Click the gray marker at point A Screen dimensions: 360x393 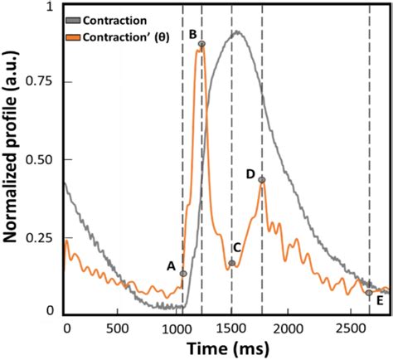tap(183, 273)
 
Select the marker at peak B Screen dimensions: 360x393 tap(201, 44)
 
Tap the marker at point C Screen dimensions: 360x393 tap(232, 263)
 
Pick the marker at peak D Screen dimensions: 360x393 tap(262, 180)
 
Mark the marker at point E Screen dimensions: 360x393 tap(369, 292)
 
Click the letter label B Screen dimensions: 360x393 tap(192, 35)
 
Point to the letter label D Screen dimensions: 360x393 tap(250, 174)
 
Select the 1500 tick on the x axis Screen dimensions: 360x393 tap(231, 328)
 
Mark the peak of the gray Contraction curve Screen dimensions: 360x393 tap(237, 32)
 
